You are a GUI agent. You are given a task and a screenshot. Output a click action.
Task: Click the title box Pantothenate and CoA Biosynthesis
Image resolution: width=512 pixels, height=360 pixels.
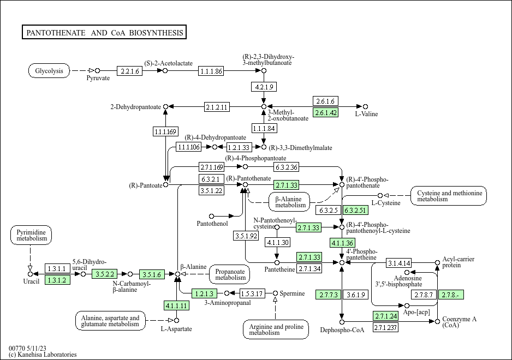click(105, 33)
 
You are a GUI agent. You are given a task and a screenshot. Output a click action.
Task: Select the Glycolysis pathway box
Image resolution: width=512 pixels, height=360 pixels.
click(49, 71)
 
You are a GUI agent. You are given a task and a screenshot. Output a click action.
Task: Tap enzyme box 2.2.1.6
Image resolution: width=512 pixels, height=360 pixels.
click(130, 71)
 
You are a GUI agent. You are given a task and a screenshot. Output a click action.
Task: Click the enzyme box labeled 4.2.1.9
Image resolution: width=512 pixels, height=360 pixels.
click(264, 87)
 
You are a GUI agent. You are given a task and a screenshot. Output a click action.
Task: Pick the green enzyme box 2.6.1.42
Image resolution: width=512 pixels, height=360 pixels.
click(326, 113)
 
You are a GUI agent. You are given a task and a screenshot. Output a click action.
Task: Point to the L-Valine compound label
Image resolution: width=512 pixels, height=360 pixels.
click(366, 114)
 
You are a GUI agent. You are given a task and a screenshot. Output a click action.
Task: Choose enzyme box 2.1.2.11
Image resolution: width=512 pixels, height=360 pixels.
click(217, 106)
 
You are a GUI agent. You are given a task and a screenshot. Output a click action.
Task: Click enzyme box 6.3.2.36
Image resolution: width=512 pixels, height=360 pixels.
click(286, 166)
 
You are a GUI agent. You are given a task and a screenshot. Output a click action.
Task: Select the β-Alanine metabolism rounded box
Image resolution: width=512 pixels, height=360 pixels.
click(289, 202)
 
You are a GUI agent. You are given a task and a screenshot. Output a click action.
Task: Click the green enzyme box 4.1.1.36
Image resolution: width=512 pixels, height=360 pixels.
click(342, 243)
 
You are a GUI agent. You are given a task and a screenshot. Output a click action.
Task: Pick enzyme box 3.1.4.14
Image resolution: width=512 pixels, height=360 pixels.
click(399, 263)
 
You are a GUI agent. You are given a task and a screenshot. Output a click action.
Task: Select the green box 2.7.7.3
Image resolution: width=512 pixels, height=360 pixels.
click(329, 295)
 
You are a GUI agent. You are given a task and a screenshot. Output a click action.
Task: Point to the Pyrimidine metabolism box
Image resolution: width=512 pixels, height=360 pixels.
click(31, 236)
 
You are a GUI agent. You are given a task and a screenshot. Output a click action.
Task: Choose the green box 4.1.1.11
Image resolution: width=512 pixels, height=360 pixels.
click(177, 305)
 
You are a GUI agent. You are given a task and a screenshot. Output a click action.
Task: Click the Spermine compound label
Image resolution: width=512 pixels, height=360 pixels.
click(293, 293)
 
